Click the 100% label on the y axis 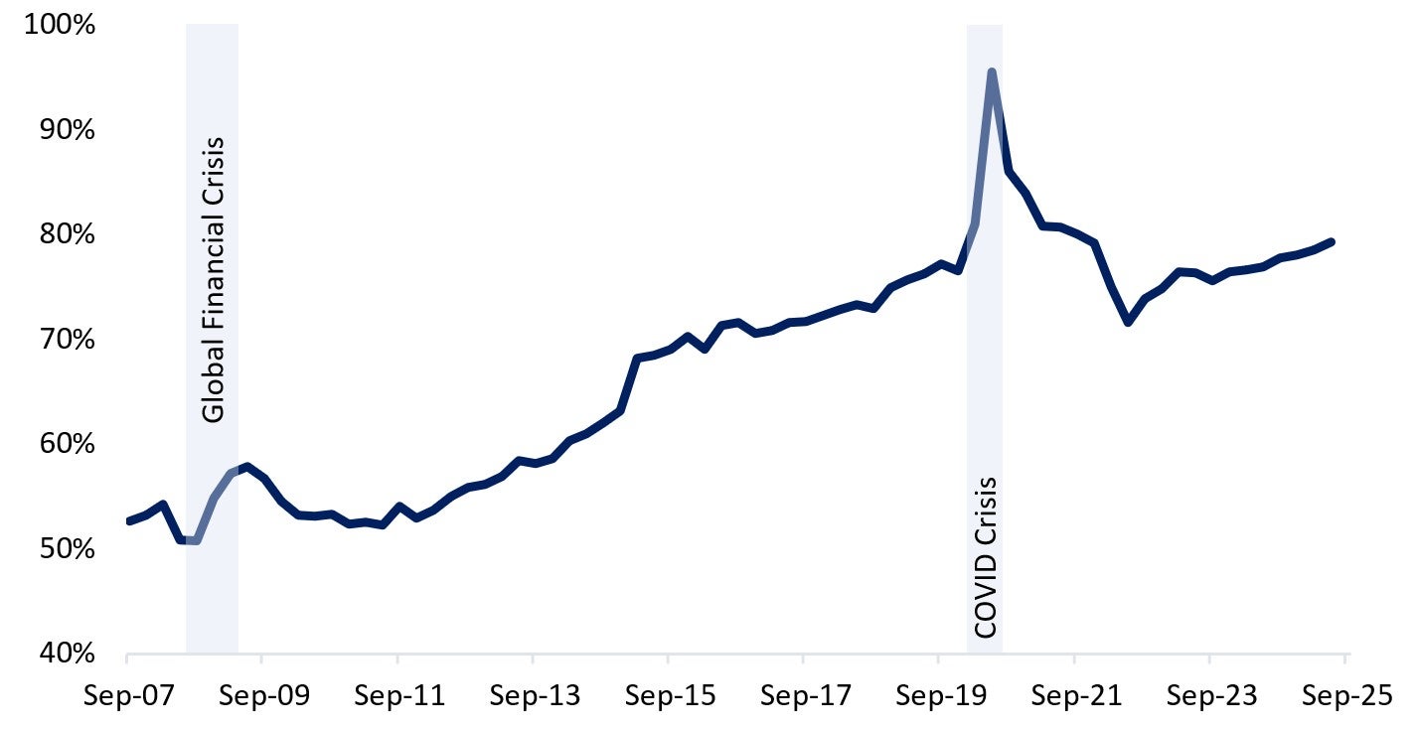coord(61,25)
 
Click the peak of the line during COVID coord(991,72)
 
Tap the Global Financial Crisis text coord(214,280)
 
